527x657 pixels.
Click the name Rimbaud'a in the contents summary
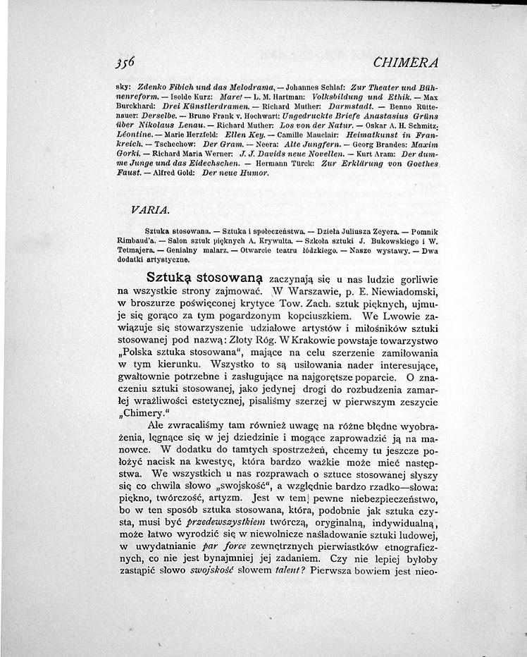tap(135, 240)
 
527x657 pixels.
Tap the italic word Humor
tap(254, 172)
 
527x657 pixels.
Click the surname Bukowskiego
tap(396, 240)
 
